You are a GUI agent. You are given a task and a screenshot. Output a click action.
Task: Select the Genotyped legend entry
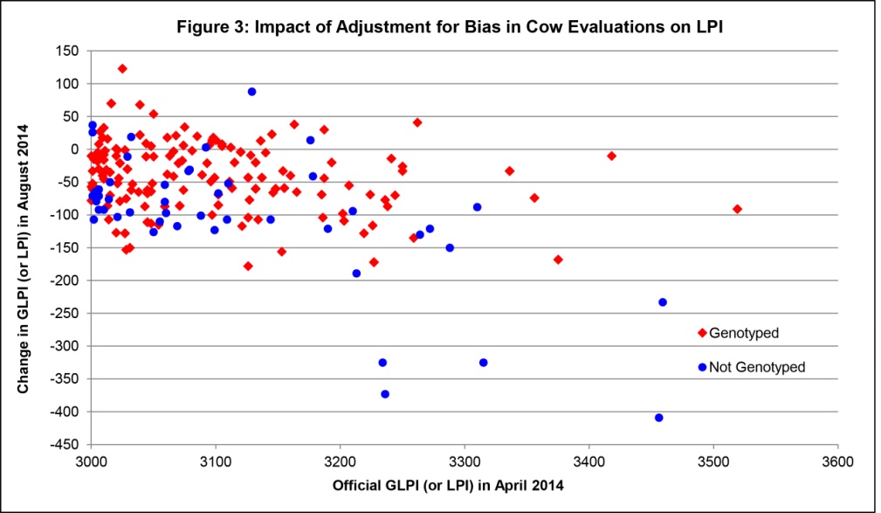[x=743, y=333]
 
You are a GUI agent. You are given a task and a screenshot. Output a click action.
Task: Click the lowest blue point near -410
[x=658, y=418]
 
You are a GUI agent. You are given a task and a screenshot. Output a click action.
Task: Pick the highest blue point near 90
[x=251, y=92]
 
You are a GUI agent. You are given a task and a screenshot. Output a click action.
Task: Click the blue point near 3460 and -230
[x=662, y=302]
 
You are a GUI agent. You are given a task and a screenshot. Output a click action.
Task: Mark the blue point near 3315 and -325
[x=483, y=363]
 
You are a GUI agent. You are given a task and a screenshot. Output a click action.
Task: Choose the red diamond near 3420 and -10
[x=611, y=156]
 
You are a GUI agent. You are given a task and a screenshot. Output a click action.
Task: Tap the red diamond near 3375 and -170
[x=558, y=260]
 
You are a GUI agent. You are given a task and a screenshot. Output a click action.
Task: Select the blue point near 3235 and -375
[x=385, y=394]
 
